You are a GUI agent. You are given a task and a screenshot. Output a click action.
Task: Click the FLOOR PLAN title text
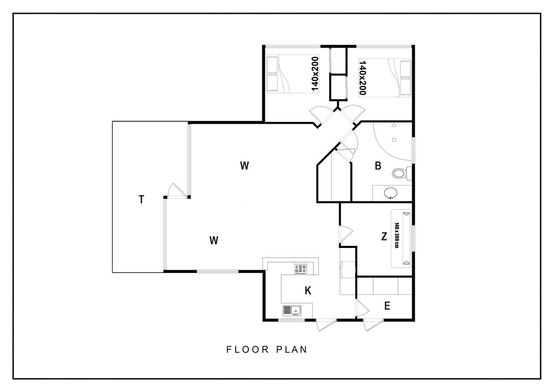[x=267, y=349]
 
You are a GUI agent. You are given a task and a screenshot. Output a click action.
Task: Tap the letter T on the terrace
[x=141, y=199]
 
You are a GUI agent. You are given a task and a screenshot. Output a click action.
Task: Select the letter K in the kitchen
[x=308, y=291]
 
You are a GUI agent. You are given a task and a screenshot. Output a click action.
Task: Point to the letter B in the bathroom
[x=378, y=166]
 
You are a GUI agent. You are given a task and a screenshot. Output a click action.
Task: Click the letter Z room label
[x=384, y=237]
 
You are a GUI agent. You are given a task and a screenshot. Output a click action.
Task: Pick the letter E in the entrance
[x=387, y=306]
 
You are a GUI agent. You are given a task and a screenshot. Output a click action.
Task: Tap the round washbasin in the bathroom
[x=391, y=193]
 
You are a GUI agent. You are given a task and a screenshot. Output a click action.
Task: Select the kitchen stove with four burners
[x=300, y=269]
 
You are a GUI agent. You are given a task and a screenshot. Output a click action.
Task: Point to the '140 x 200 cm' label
[x=397, y=235]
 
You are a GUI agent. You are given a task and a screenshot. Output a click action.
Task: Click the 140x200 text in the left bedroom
[x=315, y=74]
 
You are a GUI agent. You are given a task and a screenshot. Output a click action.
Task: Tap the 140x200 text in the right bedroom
[x=362, y=78]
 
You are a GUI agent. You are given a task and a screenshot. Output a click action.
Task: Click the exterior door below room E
[x=374, y=325]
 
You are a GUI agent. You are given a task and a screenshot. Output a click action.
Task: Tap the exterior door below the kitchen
[x=326, y=325]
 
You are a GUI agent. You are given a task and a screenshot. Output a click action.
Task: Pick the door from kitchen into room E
[x=362, y=308]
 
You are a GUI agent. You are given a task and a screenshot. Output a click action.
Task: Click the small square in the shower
[x=394, y=140]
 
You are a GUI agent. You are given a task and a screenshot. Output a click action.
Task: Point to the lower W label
[x=214, y=240]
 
